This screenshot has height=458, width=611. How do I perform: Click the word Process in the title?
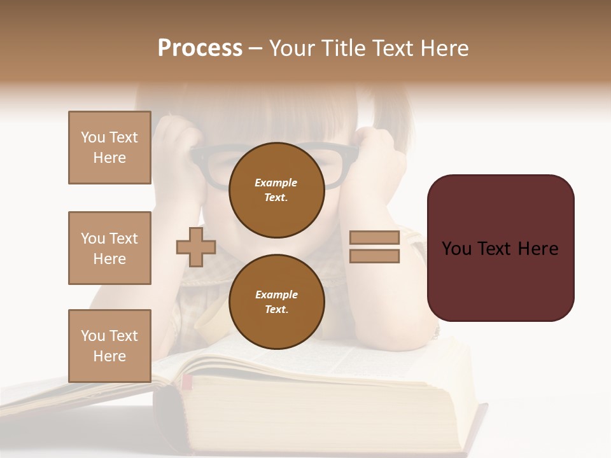click(x=200, y=48)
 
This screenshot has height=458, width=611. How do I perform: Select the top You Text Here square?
click(x=109, y=148)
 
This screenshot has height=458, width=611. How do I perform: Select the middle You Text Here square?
click(x=109, y=248)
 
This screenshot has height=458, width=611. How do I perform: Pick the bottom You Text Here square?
click(x=109, y=345)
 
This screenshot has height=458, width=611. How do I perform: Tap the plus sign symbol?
click(x=196, y=247)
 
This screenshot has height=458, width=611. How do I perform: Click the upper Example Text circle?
click(x=276, y=190)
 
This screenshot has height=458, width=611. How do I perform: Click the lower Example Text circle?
click(x=276, y=302)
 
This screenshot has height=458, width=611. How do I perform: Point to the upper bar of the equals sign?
click(x=375, y=237)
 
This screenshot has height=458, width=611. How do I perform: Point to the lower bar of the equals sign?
click(x=375, y=256)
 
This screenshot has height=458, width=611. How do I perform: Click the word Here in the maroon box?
click(x=538, y=249)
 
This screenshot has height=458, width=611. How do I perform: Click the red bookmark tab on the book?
click(x=187, y=382)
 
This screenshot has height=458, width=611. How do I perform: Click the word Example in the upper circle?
click(x=276, y=183)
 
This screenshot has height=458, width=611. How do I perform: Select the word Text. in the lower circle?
click(x=276, y=309)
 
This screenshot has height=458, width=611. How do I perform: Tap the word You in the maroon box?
click(x=456, y=249)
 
